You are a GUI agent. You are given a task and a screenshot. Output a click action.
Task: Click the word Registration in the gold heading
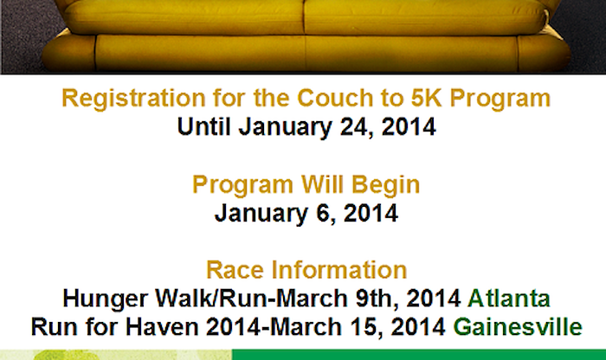pos(133,99)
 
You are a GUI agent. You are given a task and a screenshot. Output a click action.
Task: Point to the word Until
pos(204,126)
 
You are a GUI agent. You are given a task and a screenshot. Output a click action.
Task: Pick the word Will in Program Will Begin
pos(322,184)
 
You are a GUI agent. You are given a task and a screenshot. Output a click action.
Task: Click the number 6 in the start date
pos(325,214)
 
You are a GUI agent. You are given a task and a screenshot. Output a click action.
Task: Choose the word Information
pos(339,270)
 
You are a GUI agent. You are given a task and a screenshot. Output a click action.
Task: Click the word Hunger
pos(105,299)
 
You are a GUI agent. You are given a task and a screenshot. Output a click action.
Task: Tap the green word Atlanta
pos(509,299)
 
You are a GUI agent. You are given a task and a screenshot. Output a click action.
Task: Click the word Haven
pos(162,327)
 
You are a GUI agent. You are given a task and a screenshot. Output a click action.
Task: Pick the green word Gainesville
pos(518,327)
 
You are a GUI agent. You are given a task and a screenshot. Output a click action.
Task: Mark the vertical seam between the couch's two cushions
pos(305,17)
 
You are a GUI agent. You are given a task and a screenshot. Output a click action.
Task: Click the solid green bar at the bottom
pos(419,355)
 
